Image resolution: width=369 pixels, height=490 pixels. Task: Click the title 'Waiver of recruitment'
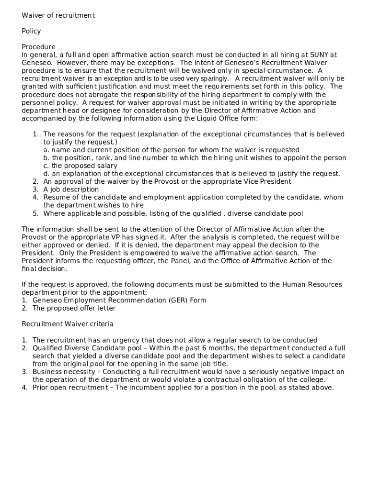pos(58,15)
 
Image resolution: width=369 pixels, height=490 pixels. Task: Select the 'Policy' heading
pos(31,31)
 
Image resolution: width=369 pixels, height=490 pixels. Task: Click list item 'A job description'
pos(71,189)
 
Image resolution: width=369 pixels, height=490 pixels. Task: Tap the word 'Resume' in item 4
pos(56,197)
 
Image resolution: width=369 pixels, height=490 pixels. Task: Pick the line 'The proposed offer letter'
pos(74,308)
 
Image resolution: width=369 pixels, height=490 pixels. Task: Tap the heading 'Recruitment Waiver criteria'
pos(68,324)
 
